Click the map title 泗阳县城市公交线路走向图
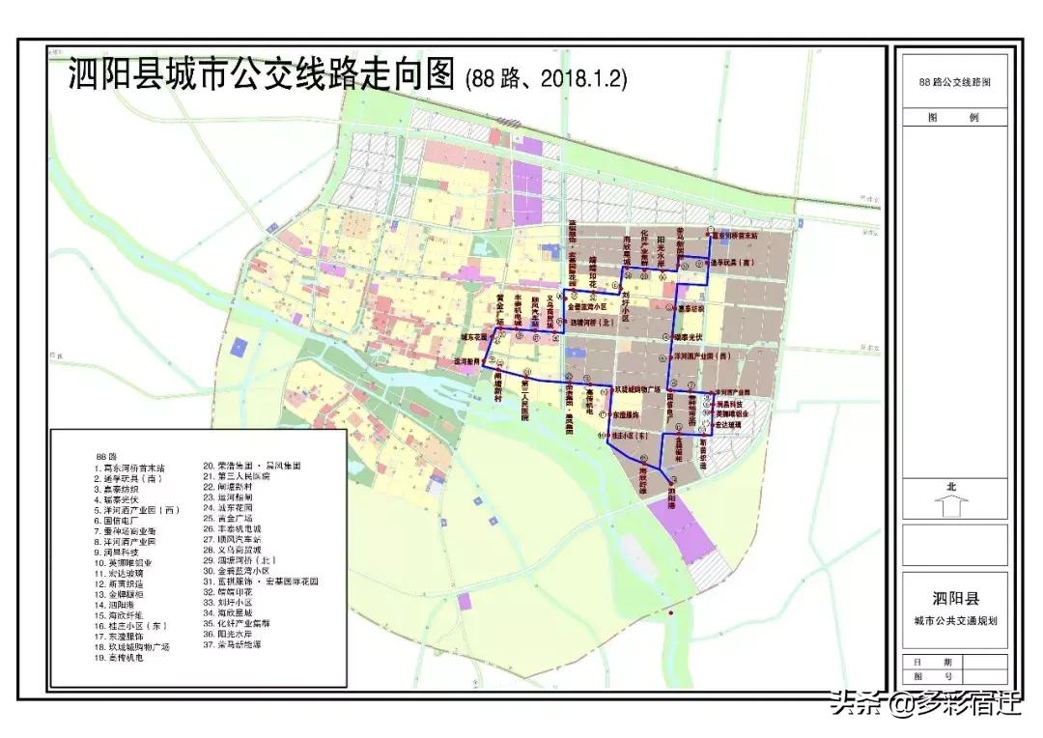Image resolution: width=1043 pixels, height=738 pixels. [262, 74]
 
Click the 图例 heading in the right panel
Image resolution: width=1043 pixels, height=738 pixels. [953, 118]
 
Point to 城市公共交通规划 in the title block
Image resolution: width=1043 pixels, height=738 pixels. [953, 620]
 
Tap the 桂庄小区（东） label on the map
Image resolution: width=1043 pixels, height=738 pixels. [633, 436]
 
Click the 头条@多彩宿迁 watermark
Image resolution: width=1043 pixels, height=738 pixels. [921, 703]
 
